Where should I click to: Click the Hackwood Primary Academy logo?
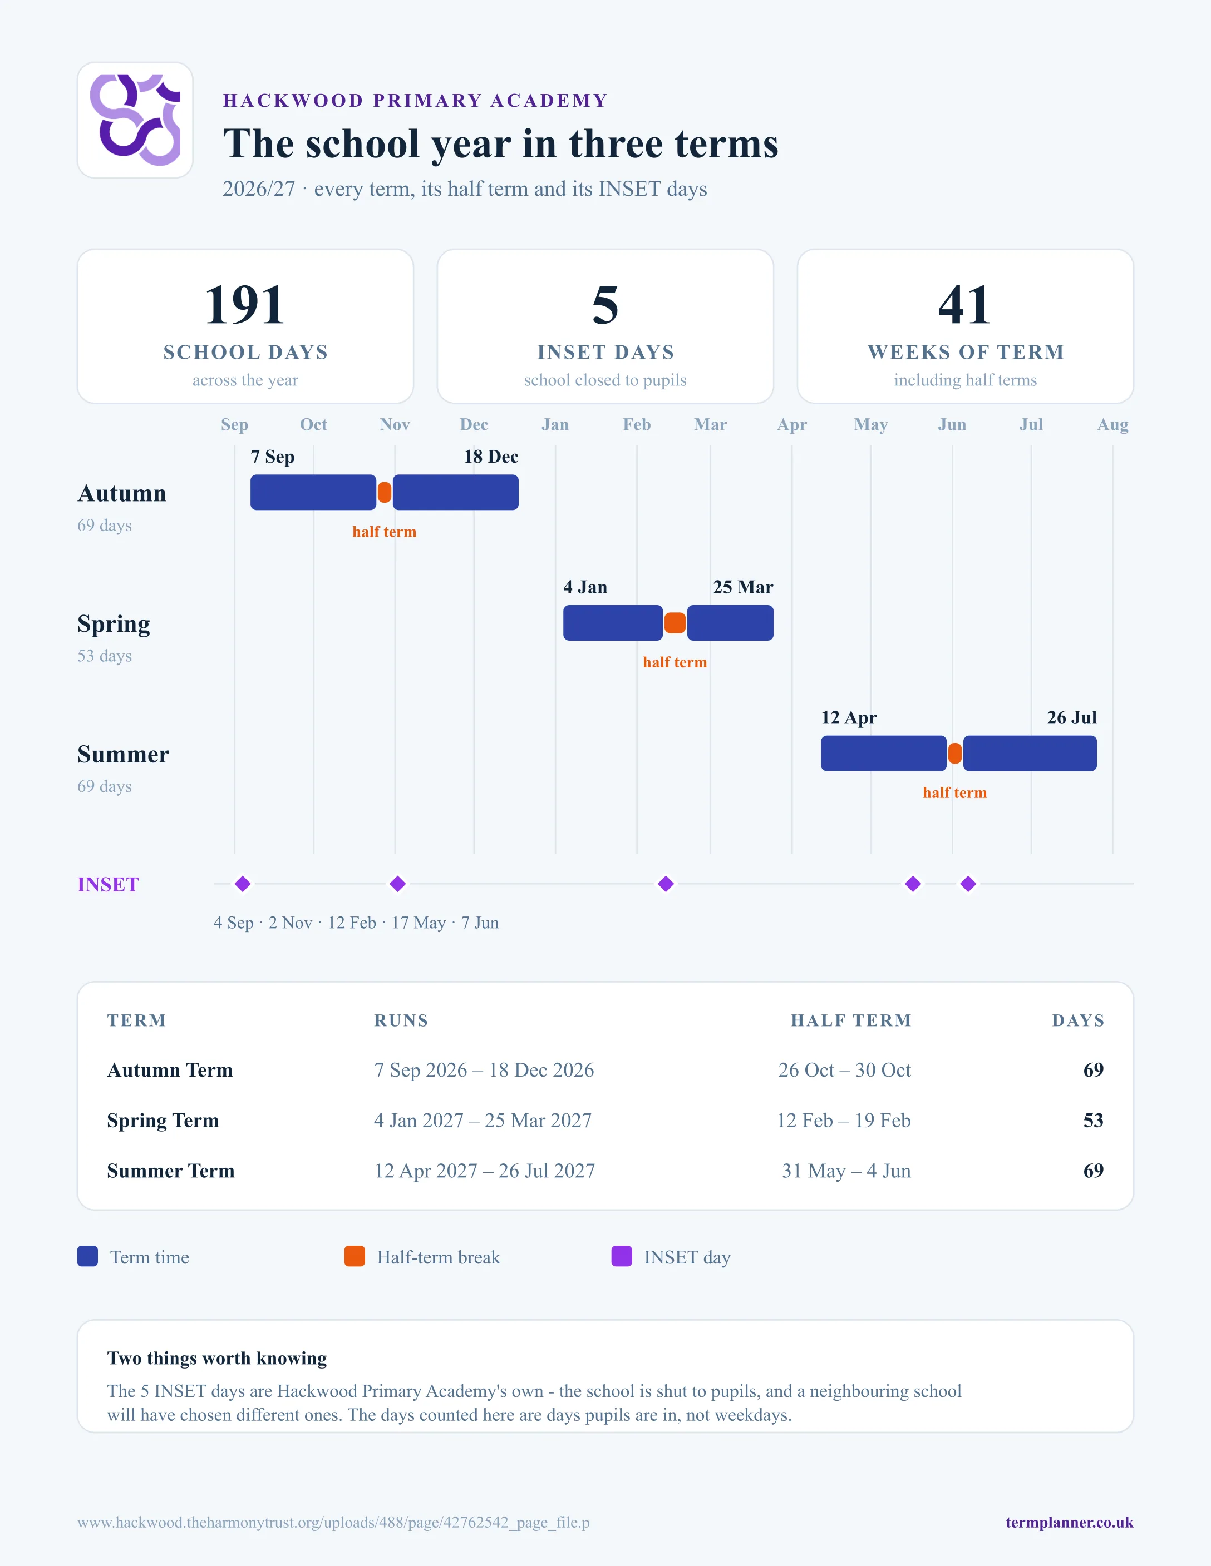pyautogui.click(x=135, y=120)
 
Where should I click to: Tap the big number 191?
pyautogui.click(x=245, y=305)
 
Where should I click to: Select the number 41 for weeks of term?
pyautogui.click(x=965, y=305)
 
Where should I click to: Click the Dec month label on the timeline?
pyautogui.click(x=474, y=424)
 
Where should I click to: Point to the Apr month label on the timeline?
pyautogui.click(x=792, y=424)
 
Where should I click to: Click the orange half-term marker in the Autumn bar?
pyautogui.click(x=385, y=493)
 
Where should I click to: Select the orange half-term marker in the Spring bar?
pyautogui.click(x=675, y=623)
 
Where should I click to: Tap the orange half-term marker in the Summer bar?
pyautogui.click(x=955, y=754)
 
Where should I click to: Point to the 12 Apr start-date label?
pyautogui.click(x=849, y=718)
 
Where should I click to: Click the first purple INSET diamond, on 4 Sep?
pyautogui.click(x=243, y=884)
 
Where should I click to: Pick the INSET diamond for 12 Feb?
pyautogui.click(x=666, y=884)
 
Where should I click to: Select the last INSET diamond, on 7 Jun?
pyautogui.click(x=968, y=884)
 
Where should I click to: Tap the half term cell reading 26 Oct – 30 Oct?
pyautogui.click(x=844, y=1070)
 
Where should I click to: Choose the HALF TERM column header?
pyautogui.click(x=851, y=1020)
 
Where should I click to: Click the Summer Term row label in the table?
pyautogui.click(x=171, y=1171)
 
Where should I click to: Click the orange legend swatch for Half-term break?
pyautogui.click(x=355, y=1256)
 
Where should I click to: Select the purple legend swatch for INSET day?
pyautogui.click(x=621, y=1256)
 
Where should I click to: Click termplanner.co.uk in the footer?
pyautogui.click(x=1069, y=1522)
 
